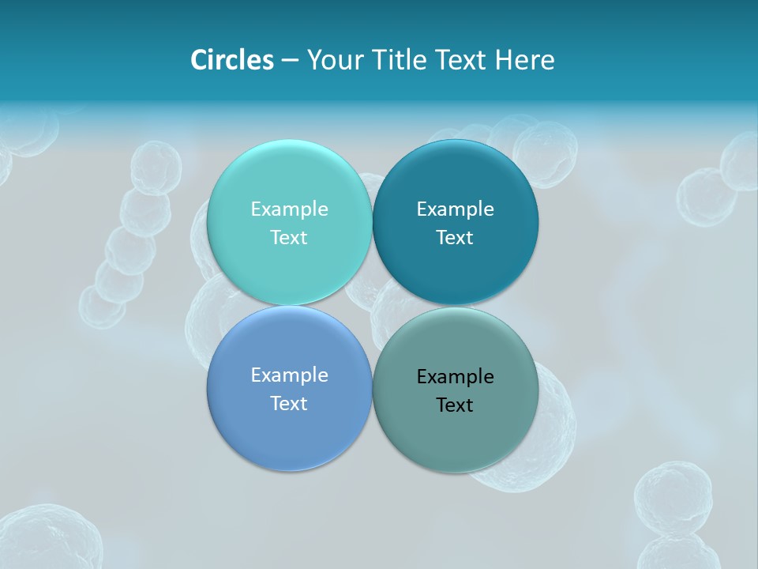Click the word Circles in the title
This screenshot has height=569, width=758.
(232, 60)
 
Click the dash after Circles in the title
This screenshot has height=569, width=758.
(289, 61)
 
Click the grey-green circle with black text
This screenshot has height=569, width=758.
(455, 435)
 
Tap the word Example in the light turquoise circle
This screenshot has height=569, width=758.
(289, 209)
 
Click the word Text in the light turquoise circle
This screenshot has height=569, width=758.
(289, 237)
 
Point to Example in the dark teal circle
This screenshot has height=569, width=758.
(455, 209)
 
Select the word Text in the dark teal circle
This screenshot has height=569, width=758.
(455, 237)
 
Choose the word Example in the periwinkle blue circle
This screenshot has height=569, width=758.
(289, 375)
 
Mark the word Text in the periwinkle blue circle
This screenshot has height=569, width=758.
(289, 403)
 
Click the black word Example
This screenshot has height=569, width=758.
(455, 376)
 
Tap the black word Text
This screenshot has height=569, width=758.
(455, 405)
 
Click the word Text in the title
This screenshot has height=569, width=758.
(460, 60)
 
